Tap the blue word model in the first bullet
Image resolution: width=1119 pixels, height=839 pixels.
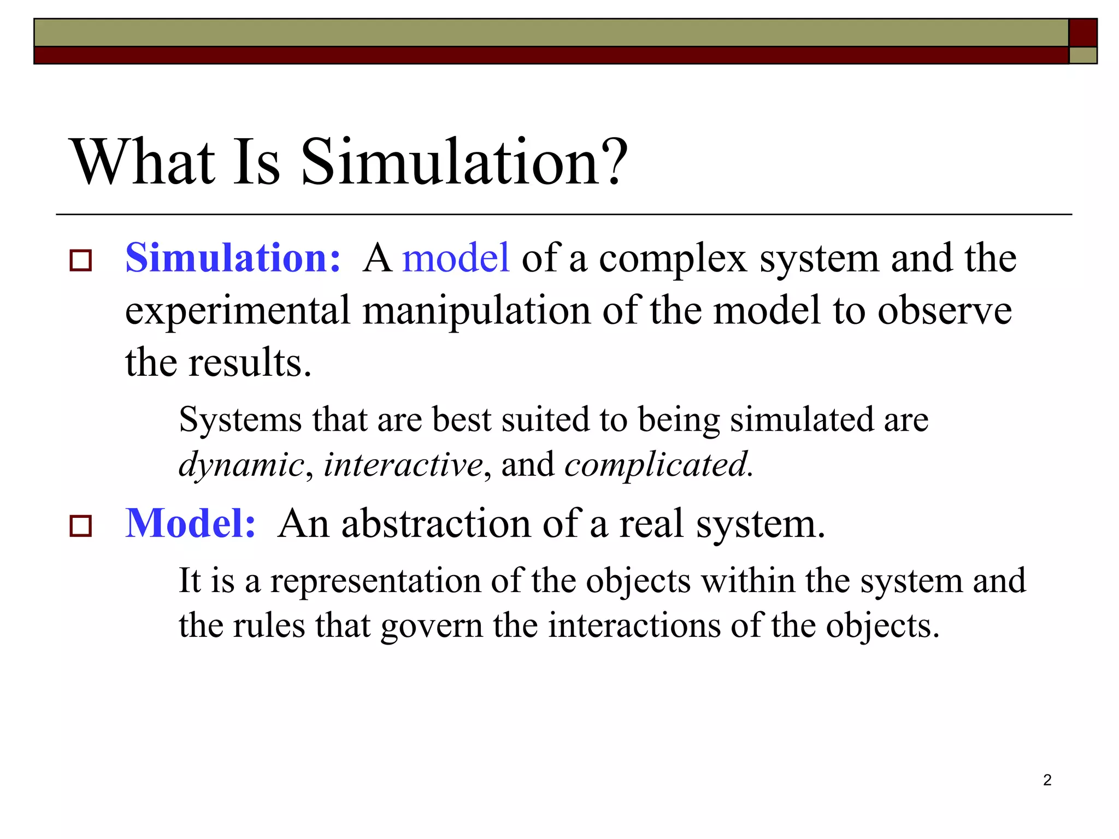(x=456, y=258)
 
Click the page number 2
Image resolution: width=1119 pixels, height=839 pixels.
(x=1047, y=780)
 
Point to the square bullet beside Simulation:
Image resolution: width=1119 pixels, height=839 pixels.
(x=81, y=261)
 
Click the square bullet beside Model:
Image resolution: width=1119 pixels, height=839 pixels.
(x=81, y=526)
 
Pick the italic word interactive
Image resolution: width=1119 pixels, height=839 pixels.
(x=403, y=465)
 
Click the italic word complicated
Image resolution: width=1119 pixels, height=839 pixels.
(x=658, y=465)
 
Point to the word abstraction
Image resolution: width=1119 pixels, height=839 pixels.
(x=436, y=523)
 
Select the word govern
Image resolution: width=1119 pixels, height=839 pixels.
(x=432, y=626)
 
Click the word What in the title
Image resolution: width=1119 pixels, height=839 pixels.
(x=143, y=162)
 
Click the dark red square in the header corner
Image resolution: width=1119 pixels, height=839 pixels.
(x=1082, y=33)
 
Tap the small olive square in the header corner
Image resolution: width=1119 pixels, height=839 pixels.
(x=1082, y=55)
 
